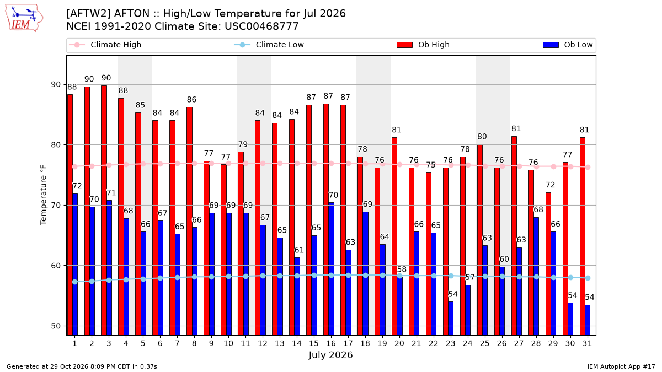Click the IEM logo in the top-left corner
click(x=24, y=18)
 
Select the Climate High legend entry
click(x=105, y=45)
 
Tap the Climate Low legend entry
click(x=269, y=45)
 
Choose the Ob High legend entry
click(x=423, y=45)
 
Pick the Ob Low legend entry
click(x=568, y=45)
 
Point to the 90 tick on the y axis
click(x=56, y=84)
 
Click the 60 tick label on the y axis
click(x=56, y=266)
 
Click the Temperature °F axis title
click(x=44, y=195)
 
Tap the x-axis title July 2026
click(x=330, y=355)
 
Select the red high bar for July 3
click(x=104, y=211)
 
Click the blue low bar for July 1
click(x=75, y=265)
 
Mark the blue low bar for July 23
click(x=451, y=319)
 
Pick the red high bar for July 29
click(x=548, y=264)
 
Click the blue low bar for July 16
click(x=332, y=269)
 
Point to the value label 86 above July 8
click(x=191, y=100)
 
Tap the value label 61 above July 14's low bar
click(x=299, y=250)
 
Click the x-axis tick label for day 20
click(x=399, y=343)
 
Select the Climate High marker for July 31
click(x=588, y=168)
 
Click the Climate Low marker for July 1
click(x=75, y=282)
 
